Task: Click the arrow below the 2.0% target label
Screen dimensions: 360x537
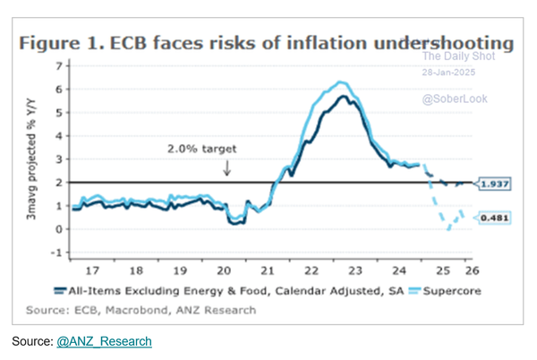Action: click(x=227, y=167)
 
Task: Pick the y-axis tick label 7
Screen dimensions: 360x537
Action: click(x=59, y=66)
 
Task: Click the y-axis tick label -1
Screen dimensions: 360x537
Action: click(x=57, y=253)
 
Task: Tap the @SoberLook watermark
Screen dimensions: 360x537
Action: click(x=455, y=99)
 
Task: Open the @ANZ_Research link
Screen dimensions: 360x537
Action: click(x=105, y=341)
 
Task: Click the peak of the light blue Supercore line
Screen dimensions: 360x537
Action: click(x=338, y=81)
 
